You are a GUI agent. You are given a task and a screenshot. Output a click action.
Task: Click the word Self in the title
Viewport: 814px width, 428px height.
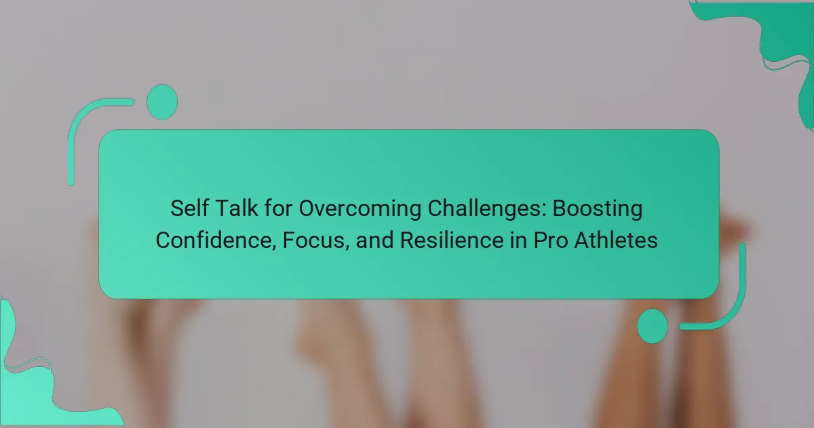[189, 208]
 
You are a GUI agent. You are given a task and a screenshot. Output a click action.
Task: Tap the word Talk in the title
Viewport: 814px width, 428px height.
[237, 208]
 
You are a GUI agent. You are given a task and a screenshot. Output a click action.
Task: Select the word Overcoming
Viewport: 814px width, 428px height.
[360, 210]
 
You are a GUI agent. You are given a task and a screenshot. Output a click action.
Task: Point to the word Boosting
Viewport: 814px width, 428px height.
[598, 210]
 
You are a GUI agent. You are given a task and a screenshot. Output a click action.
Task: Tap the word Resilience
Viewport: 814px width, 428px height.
[452, 240]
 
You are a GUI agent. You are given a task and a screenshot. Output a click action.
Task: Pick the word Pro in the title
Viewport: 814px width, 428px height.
[551, 240]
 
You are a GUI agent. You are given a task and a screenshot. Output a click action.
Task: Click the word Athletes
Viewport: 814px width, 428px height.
[616, 240]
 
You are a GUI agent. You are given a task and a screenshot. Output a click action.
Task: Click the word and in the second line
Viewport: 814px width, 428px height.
[374, 240]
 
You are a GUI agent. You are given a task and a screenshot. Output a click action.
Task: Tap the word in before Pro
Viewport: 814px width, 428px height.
[518, 240]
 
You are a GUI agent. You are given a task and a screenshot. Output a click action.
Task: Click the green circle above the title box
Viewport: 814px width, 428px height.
[162, 102]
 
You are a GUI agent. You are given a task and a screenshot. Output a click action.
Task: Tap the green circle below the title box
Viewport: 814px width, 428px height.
[653, 326]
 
